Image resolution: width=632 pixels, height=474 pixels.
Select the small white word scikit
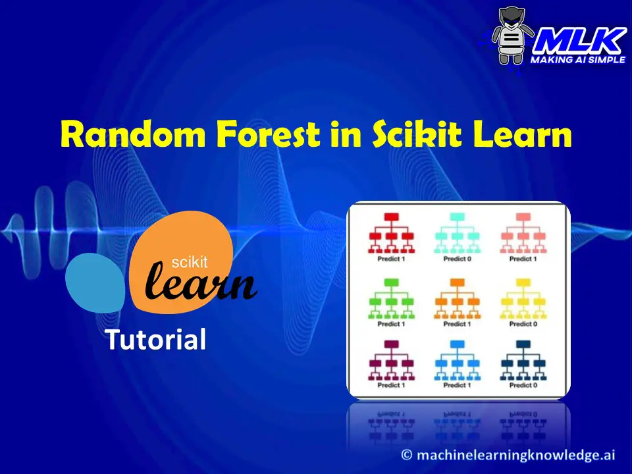click(x=189, y=263)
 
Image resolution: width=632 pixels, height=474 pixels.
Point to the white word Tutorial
click(x=155, y=340)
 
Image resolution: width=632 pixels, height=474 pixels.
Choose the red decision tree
click(x=390, y=234)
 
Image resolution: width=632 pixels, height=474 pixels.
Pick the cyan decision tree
click(x=456, y=234)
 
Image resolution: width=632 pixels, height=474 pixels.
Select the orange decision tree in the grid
click(x=456, y=298)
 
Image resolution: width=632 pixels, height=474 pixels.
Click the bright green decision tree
click(x=390, y=298)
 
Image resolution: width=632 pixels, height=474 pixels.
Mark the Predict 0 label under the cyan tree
click(x=456, y=259)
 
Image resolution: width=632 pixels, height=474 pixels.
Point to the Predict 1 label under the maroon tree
click(x=390, y=385)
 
